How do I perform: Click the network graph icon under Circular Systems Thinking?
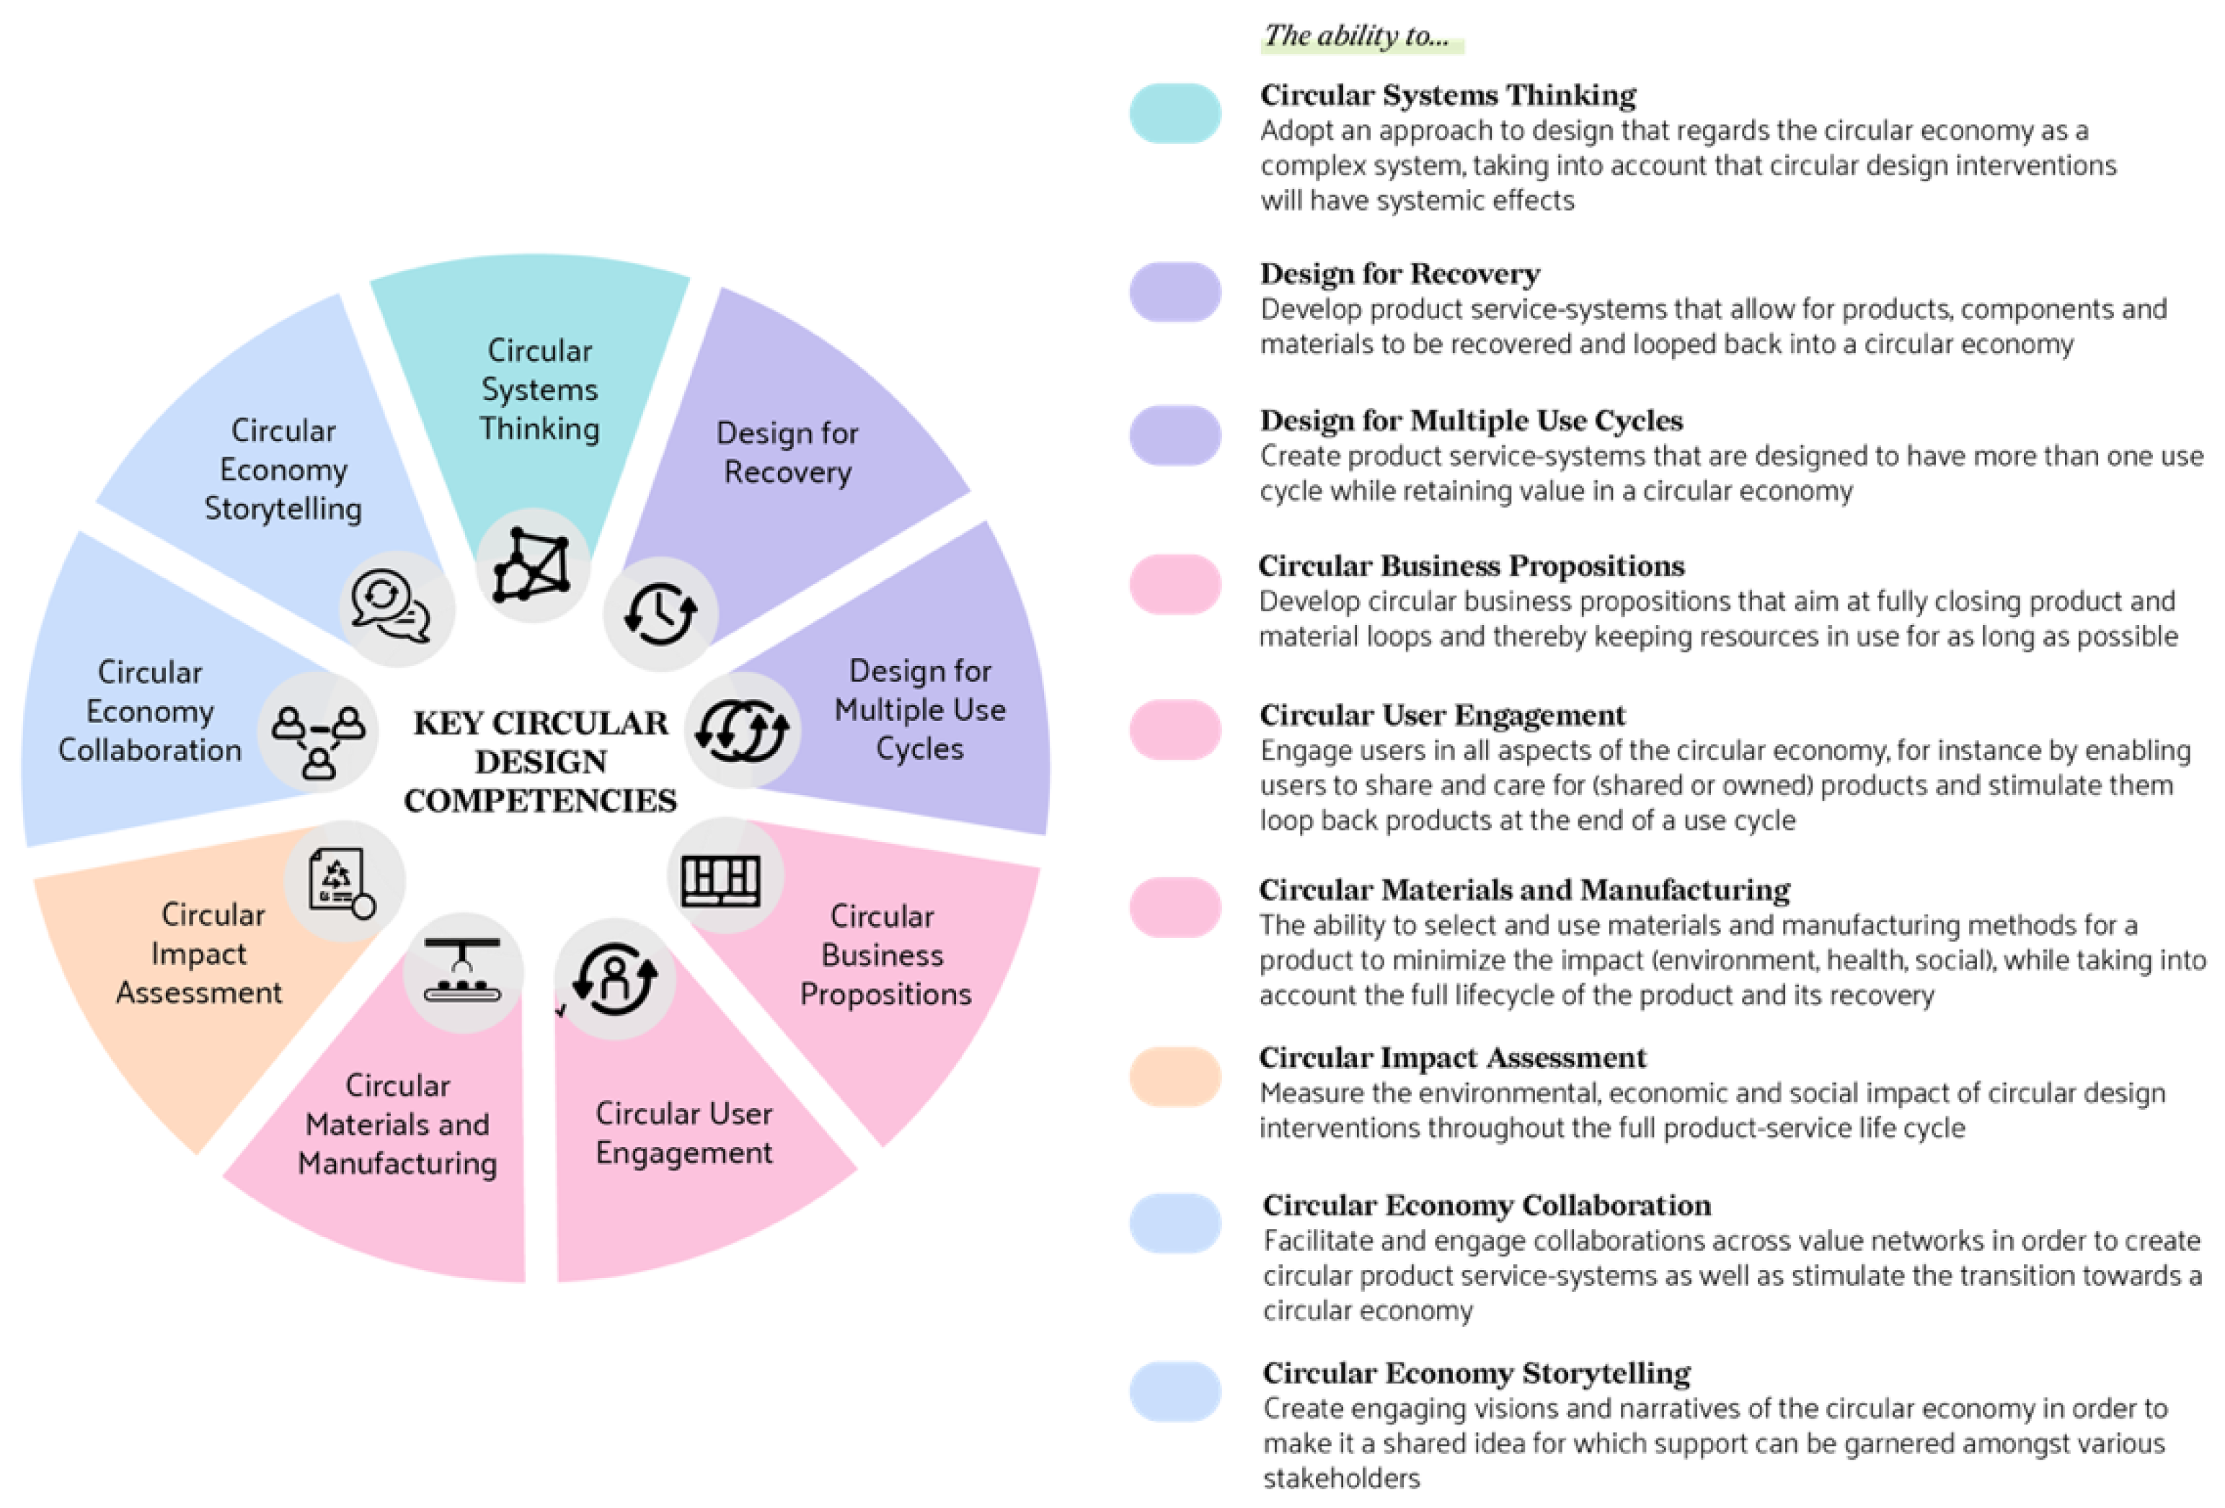pos(532,566)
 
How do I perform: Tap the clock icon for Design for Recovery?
pos(660,613)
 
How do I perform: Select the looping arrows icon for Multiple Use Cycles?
pos(742,730)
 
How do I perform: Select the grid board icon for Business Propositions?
pos(722,876)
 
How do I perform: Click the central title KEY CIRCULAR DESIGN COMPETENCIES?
pos(541,761)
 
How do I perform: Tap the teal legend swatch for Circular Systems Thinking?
pos(1175,113)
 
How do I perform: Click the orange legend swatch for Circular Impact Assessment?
pos(1175,1076)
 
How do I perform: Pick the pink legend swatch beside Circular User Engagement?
pos(1175,729)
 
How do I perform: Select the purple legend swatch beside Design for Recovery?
pos(1175,292)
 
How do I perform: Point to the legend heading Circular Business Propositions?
pos(1472,566)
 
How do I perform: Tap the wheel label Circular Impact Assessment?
pos(201,954)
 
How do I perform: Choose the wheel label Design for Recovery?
pos(787,452)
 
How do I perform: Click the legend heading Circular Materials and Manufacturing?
pos(1524,890)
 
